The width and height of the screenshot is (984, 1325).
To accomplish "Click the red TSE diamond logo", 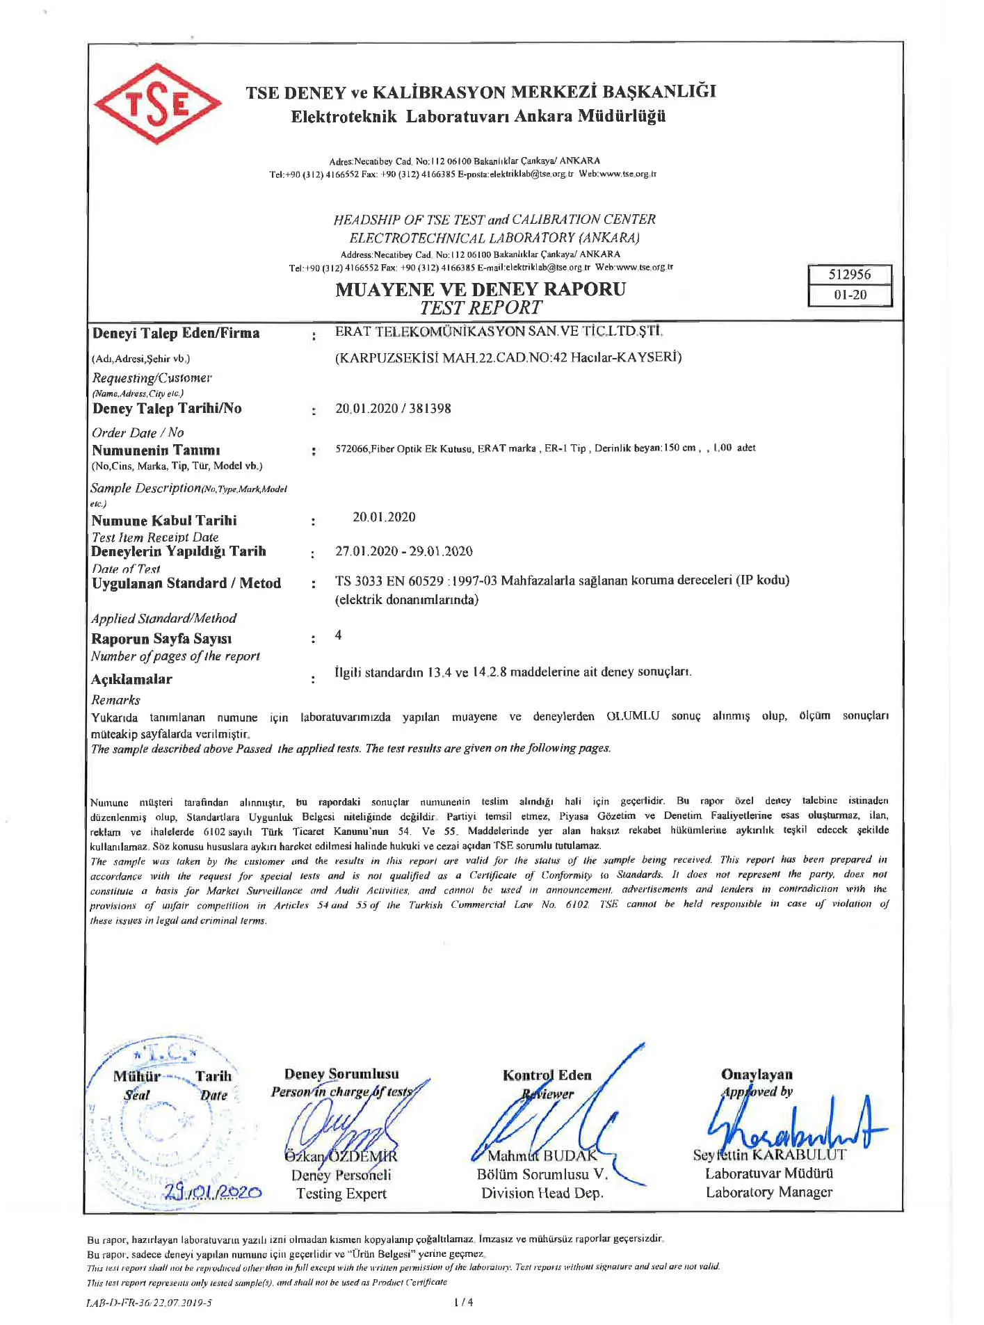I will coord(157,104).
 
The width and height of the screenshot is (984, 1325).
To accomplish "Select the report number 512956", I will coord(849,275).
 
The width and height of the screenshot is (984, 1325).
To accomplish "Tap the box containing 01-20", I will coord(850,295).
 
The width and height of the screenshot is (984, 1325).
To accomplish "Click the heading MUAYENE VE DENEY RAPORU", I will coord(480,289).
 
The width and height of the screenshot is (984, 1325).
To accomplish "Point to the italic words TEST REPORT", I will coord(481,308).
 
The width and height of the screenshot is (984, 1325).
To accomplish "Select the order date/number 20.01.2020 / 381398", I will coord(393,409).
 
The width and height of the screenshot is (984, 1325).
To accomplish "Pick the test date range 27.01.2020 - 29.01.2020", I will coord(403,551).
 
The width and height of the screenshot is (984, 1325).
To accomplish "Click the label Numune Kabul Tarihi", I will coord(164,521).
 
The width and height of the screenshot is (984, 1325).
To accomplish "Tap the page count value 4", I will coord(339,635).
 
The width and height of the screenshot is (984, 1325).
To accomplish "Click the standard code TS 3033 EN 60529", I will coord(390,580).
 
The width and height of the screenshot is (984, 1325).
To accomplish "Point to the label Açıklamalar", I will coord(131,679).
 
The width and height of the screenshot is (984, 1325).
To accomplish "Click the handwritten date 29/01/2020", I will coord(213,1193).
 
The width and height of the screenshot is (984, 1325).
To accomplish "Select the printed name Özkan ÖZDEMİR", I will coord(341,1157).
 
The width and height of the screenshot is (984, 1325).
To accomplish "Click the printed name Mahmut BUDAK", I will coord(542,1156).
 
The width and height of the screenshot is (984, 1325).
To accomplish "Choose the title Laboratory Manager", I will coord(768,1192).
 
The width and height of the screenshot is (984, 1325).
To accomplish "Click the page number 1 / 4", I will coord(462,1302).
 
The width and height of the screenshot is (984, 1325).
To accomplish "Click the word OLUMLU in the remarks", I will coord(632,716).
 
